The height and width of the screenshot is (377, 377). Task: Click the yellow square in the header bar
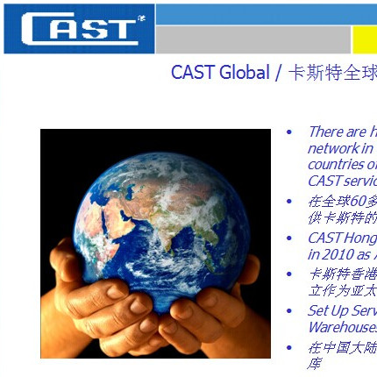pos(365,39)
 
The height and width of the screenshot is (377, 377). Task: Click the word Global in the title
pos(245,73)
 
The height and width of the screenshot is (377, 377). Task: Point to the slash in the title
pos(279,73)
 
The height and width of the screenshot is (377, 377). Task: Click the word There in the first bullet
pos(325,132)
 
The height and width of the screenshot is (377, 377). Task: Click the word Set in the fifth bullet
pos(318,311)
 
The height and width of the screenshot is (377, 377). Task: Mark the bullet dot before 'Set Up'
pos(290,311)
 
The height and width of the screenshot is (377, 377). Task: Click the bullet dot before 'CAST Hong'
pos(290,238)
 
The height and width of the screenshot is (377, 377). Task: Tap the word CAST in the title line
pos(193,73)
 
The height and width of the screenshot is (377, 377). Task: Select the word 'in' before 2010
pos(314,253)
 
